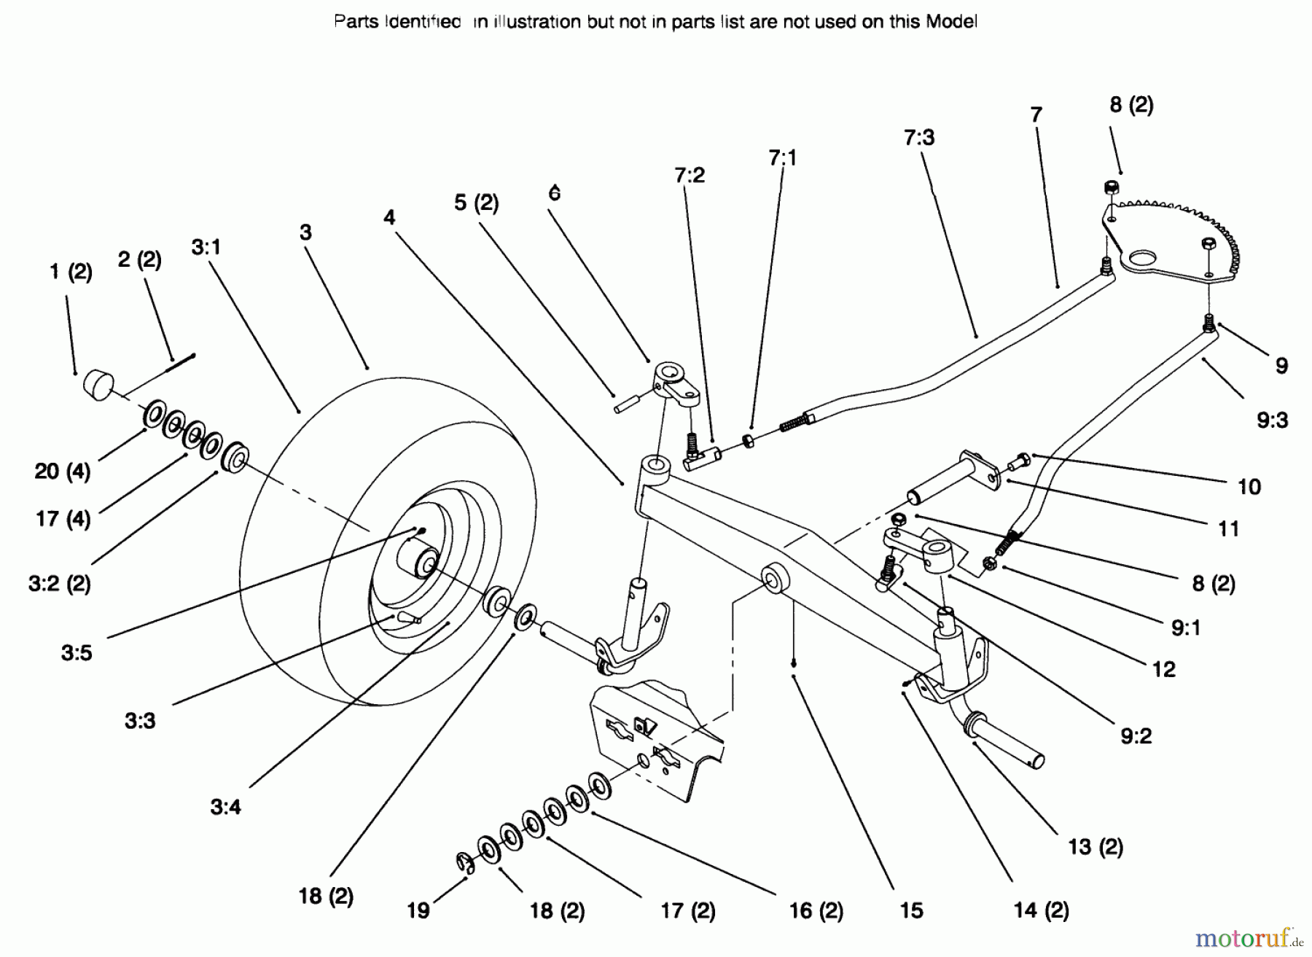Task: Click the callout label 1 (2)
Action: (x=71, y=273)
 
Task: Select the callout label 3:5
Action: (x=77, y=652)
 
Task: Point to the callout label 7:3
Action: (x=919, y=137)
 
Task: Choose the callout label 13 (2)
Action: (x=1096, y=846)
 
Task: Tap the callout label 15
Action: (x=911, y=910)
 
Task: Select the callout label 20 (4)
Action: (x=63, y=471)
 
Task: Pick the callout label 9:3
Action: (x=1272, y=421)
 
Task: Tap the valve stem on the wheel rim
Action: (x=408, y=618)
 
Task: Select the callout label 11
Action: (x=1228, y=528)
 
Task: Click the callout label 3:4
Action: (x=225, y=807)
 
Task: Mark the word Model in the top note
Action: (x=951, y=22)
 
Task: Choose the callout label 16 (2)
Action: (x=816, y=910)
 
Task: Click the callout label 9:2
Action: (x=1136, y=736)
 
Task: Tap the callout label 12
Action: (x=1163, y=669)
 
